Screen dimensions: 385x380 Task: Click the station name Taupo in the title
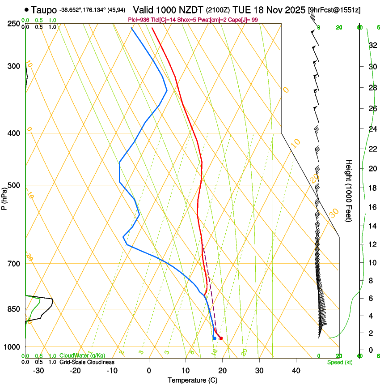(44, 9)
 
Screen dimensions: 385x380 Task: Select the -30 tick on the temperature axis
(38, 371)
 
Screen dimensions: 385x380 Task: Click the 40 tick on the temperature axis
(296, 371)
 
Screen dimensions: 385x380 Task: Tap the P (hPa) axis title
(4, 197)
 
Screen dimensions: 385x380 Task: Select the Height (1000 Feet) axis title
(349, 190)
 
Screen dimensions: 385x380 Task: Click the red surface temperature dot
(221, 338)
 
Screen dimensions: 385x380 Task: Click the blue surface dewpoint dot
(215, 338)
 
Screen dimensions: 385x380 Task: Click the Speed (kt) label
(339, 362)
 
